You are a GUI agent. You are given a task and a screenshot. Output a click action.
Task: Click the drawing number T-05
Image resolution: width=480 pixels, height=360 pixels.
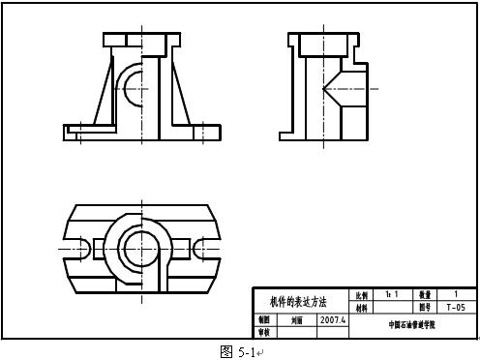pos(455,307)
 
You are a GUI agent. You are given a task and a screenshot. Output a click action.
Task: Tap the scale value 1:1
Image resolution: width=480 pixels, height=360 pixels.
pos(392,293)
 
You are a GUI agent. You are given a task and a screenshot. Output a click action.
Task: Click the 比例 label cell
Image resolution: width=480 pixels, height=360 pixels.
pos(362,294)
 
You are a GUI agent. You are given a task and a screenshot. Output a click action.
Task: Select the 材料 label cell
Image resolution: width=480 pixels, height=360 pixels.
pos(362,307)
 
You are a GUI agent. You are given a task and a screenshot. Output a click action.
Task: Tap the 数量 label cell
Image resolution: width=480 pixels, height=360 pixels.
pos(425,294)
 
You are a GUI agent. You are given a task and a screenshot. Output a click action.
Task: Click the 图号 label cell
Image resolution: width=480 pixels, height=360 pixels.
pos(425,307)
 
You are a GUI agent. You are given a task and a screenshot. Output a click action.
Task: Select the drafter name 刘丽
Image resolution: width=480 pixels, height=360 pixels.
pos(297,319)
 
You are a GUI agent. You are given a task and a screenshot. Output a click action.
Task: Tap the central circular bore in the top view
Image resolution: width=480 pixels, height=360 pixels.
pos(141,247)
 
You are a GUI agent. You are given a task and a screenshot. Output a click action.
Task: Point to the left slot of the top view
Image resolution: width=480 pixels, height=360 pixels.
pos(83,247)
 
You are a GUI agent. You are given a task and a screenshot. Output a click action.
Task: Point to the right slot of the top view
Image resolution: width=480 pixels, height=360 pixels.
pos(202,247)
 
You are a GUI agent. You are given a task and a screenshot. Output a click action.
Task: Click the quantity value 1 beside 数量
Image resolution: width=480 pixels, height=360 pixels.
pos(455,293)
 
